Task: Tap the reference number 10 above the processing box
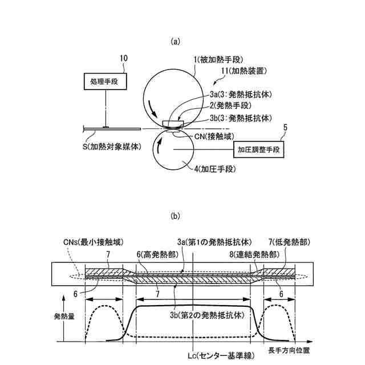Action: coord(123,58)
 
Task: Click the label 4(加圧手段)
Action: coord(210,169)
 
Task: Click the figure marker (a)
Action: coord(176,40)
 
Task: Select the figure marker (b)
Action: coord(176,216)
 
